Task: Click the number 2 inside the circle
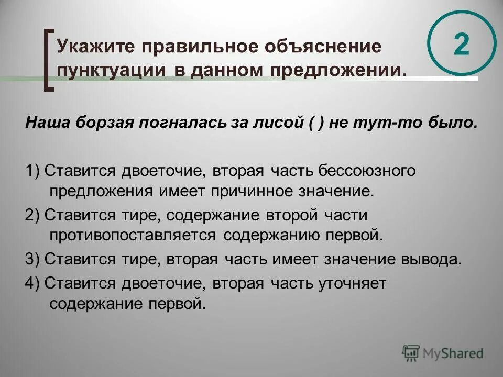pyautogui.click(x=461, y=44)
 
